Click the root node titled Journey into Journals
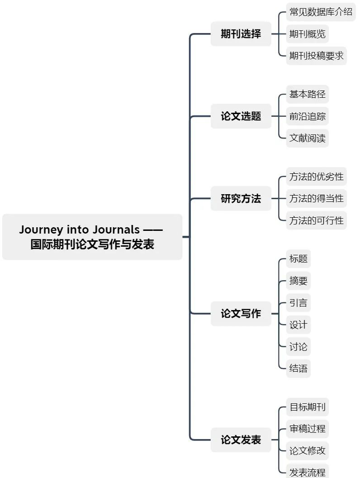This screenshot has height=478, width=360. click(92, 237)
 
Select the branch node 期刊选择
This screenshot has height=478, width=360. click(241, 34)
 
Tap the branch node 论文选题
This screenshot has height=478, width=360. click(241, 116)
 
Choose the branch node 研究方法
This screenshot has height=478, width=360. click(241, 199)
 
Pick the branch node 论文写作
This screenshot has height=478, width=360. click(241, 313)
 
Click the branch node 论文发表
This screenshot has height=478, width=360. click(241, 440)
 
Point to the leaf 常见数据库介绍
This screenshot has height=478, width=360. click(321, 12)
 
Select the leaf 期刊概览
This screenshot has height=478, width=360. click(307, 34)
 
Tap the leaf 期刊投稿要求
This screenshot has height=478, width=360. click(316, 56)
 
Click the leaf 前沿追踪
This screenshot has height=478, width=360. click(307, 116)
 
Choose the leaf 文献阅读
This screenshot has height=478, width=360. click(307, 138)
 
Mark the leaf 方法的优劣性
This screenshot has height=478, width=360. click(316, 177)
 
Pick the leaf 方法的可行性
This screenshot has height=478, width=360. click(316, 220)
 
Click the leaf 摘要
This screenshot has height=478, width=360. click(298, 281)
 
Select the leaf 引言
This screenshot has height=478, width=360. click(298, 302)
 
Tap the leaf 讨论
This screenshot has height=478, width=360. click(298, 347)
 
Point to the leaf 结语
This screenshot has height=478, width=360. click(298, 368)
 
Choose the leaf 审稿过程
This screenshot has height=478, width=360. click(307, 428)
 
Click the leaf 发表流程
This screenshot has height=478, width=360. click(307, 472)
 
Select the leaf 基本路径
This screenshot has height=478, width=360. click(307, 95)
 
